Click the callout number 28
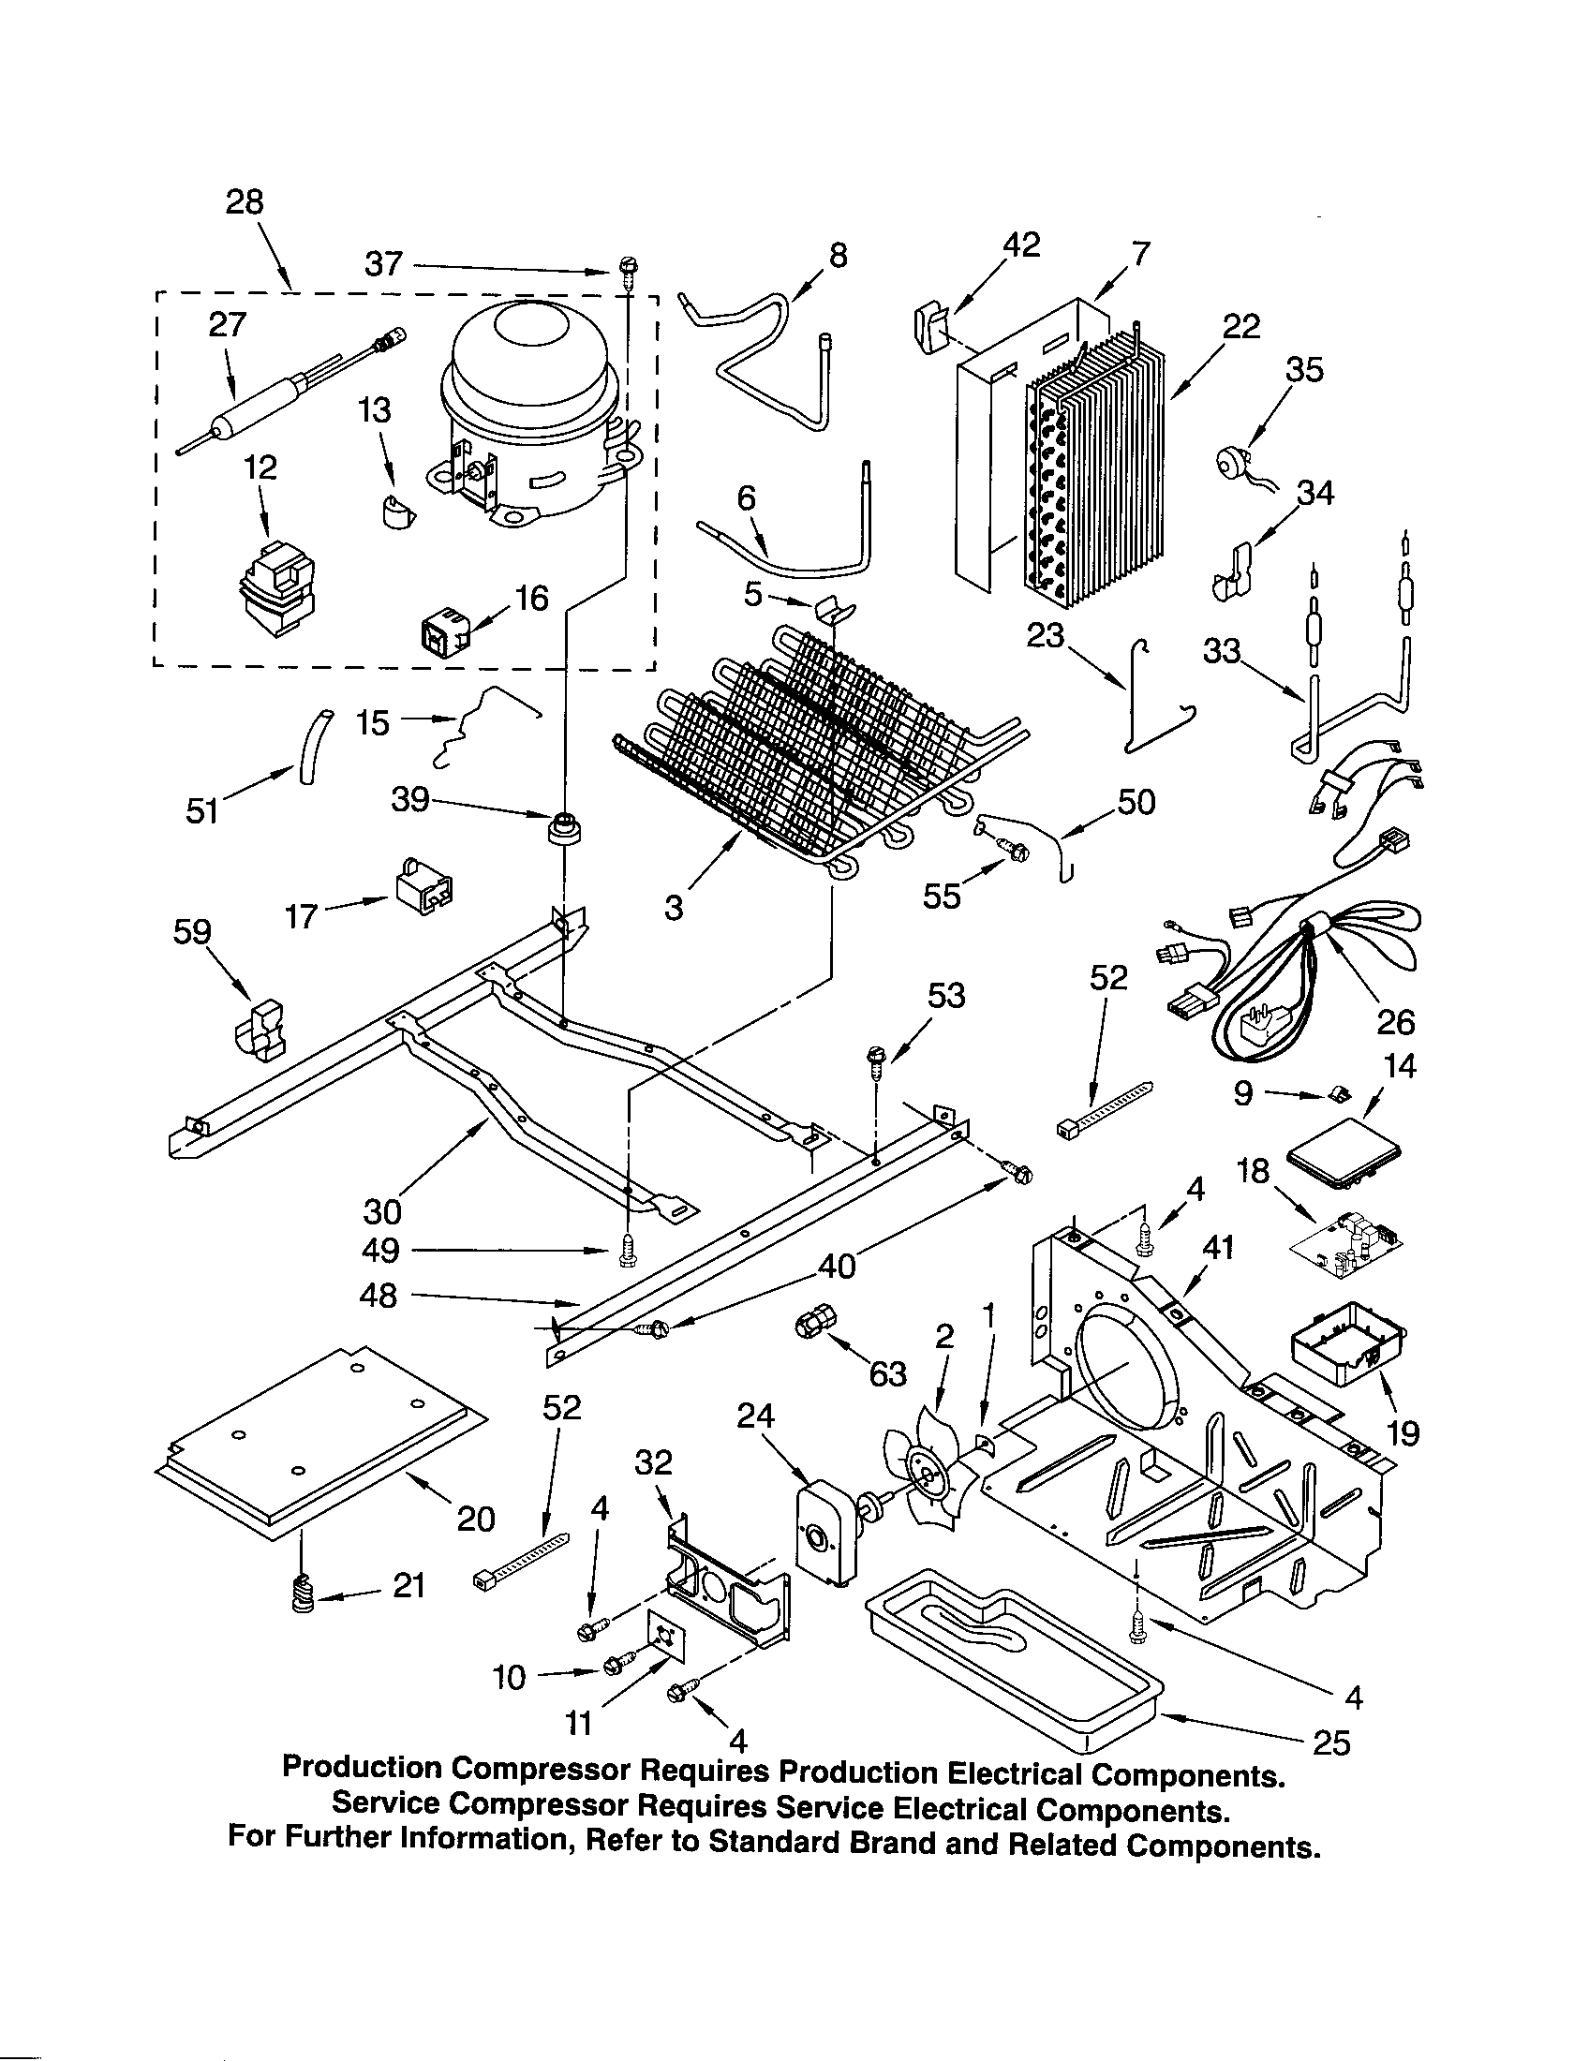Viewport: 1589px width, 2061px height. (245, 202)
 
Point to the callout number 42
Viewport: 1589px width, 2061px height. (1020, 245)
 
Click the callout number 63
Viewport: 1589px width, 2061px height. (887, 1374)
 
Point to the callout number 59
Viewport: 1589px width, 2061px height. (192, 932)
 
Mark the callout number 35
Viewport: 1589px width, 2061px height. (1304, 369)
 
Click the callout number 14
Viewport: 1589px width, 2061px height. (1401, 1066)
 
